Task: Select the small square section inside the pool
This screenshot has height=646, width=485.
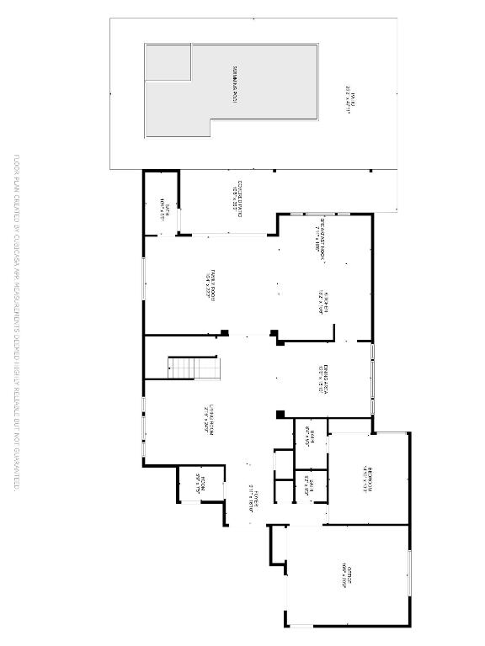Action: click(168, 62)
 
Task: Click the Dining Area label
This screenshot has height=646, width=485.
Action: click(322, 379)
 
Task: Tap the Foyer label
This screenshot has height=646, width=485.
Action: click(253, 502)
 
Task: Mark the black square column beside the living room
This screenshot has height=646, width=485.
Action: click(280, 413)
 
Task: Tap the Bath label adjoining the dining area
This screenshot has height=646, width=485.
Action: click(311, 437)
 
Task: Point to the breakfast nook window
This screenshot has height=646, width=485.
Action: click(317, 214)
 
